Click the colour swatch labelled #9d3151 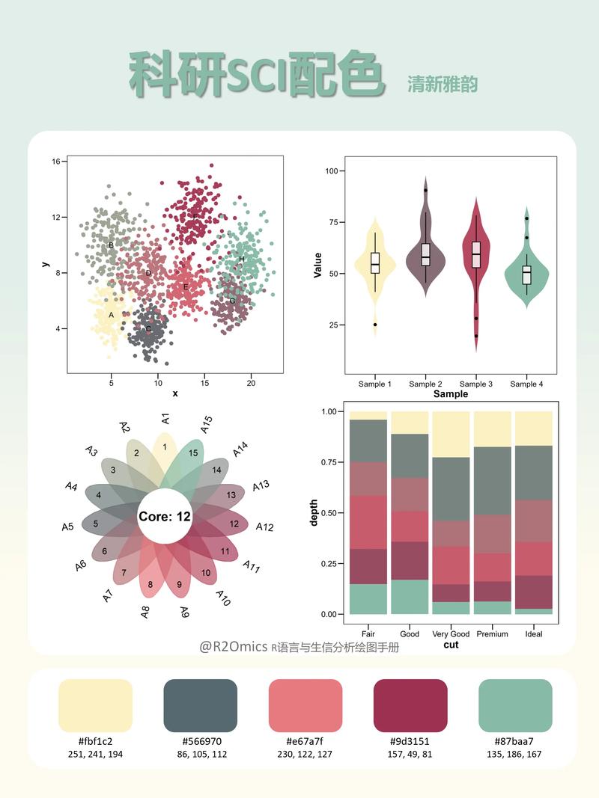tap(410, 705)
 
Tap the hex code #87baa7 tap(514, 741)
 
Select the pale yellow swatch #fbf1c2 tap(95, 705)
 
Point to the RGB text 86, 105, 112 tap(200, 754)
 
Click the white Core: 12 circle tap(164, 516)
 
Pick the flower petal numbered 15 tap(193, 453)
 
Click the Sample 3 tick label tap(475, 384)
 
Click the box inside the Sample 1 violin tap(375, 263)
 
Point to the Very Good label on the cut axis tap(451, 633)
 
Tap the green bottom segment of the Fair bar tap(368, 598)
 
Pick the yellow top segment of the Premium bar tap(492, 429)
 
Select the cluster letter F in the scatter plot tap(195, 218)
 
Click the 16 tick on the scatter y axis tap(56, 162)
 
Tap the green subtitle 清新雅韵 tap(443, 84)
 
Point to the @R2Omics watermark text tap(233, 647)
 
